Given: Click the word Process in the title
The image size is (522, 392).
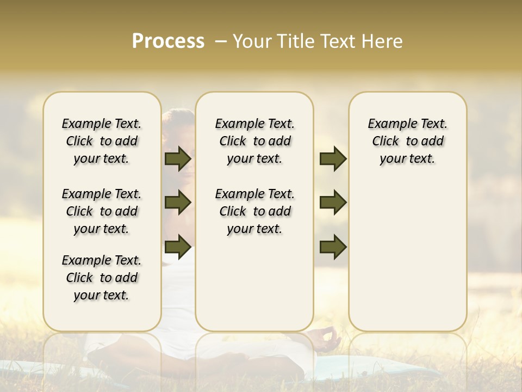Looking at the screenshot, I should [x=168, y=41].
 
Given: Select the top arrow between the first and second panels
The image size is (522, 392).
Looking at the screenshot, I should [x=178, y=159].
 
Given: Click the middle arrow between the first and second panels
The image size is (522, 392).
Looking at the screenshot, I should [x=178, y=203].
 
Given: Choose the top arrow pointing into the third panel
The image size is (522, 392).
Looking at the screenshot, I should [x=333, y=159].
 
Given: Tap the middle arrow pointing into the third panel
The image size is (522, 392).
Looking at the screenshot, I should [x=333, y=203].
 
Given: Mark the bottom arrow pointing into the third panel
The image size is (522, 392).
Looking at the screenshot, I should [x=333, y=247].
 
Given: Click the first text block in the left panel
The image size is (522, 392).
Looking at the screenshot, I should [x=102, y=141].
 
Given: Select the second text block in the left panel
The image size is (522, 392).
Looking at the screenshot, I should [x=102, y=211].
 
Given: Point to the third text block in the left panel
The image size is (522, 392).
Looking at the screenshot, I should [x=102, y=278].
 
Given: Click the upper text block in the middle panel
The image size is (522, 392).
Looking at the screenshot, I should [x=254, y=141].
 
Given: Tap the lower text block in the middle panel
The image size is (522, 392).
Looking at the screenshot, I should [x=254, y=211].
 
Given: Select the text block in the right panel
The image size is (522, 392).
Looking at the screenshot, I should [x=407, y=141].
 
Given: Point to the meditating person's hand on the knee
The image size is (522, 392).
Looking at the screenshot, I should [x=328, y=339].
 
